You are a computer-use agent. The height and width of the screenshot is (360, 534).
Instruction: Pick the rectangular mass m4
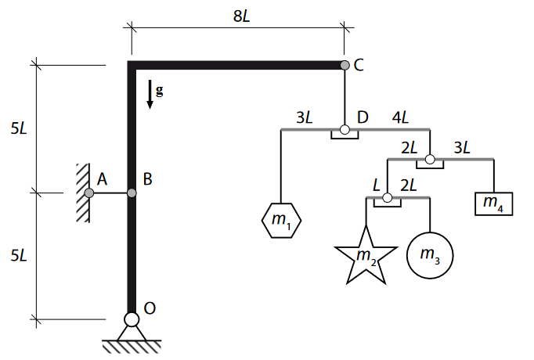point(493,203)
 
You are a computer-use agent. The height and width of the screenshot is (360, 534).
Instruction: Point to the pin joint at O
point(132,319)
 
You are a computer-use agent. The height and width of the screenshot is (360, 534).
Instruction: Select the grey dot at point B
point(132,193)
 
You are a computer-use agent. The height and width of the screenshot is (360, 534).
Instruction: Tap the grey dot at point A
point(89,193)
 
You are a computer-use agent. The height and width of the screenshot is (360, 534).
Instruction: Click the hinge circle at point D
point(344,129)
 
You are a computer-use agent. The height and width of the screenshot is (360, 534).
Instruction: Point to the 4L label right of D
point(399,118)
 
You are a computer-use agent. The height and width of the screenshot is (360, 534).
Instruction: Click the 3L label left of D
point(305,118)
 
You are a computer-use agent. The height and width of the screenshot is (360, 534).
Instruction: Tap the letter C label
point(359,65)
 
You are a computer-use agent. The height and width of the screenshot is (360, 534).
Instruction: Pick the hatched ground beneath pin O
point(132,344)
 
